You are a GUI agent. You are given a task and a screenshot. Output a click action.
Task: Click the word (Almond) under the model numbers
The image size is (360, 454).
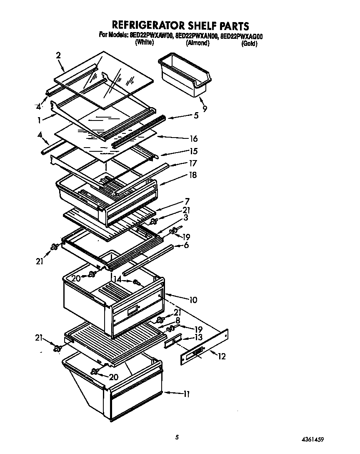(197, 43)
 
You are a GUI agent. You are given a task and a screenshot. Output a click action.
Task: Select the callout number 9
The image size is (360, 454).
(205, 109)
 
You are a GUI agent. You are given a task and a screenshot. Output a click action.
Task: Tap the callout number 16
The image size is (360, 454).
(193, 139)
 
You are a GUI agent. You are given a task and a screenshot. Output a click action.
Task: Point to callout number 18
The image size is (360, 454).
(193, 176)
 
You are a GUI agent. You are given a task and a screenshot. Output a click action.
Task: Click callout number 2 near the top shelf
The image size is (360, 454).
(58, 55)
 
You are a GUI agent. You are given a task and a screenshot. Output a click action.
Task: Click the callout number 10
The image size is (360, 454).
(193, 300)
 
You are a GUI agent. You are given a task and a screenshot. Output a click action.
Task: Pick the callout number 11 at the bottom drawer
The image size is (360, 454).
(186, 393)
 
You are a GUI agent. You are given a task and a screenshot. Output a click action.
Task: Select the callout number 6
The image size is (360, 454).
(186, 245)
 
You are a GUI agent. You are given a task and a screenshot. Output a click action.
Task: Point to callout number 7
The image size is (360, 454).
(187, 201)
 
